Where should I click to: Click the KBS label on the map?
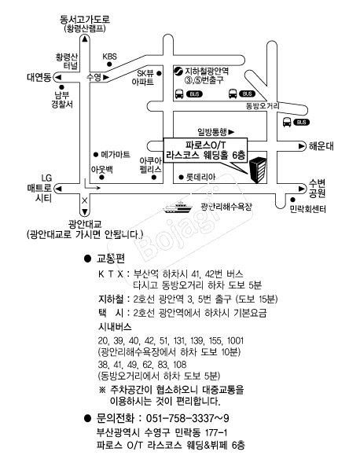coord(109,57)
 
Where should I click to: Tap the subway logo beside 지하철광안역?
coord(178,72)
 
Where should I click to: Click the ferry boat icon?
coord(178,207)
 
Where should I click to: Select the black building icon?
coord(257,170)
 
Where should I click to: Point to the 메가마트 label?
coord(116,154)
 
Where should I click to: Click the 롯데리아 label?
coord(200,177)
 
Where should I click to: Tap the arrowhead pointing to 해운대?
coord(302,145)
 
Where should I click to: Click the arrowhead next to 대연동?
coord(58,77)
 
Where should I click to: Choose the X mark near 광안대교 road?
coord(84,201)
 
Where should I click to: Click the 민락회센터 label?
coord(307,209)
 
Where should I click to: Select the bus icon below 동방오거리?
coord(287,122)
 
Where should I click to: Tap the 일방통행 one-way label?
coord(212,132)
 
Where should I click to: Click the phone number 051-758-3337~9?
coord(187,418)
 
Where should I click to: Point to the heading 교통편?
coord(111,259)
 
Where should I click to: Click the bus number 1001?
coord(235,340)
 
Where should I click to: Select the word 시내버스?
coord(115,326)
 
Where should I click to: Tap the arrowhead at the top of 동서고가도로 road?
coord(85,39)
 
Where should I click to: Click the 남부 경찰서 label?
coord(62,100)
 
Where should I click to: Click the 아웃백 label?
coord(102,170)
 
